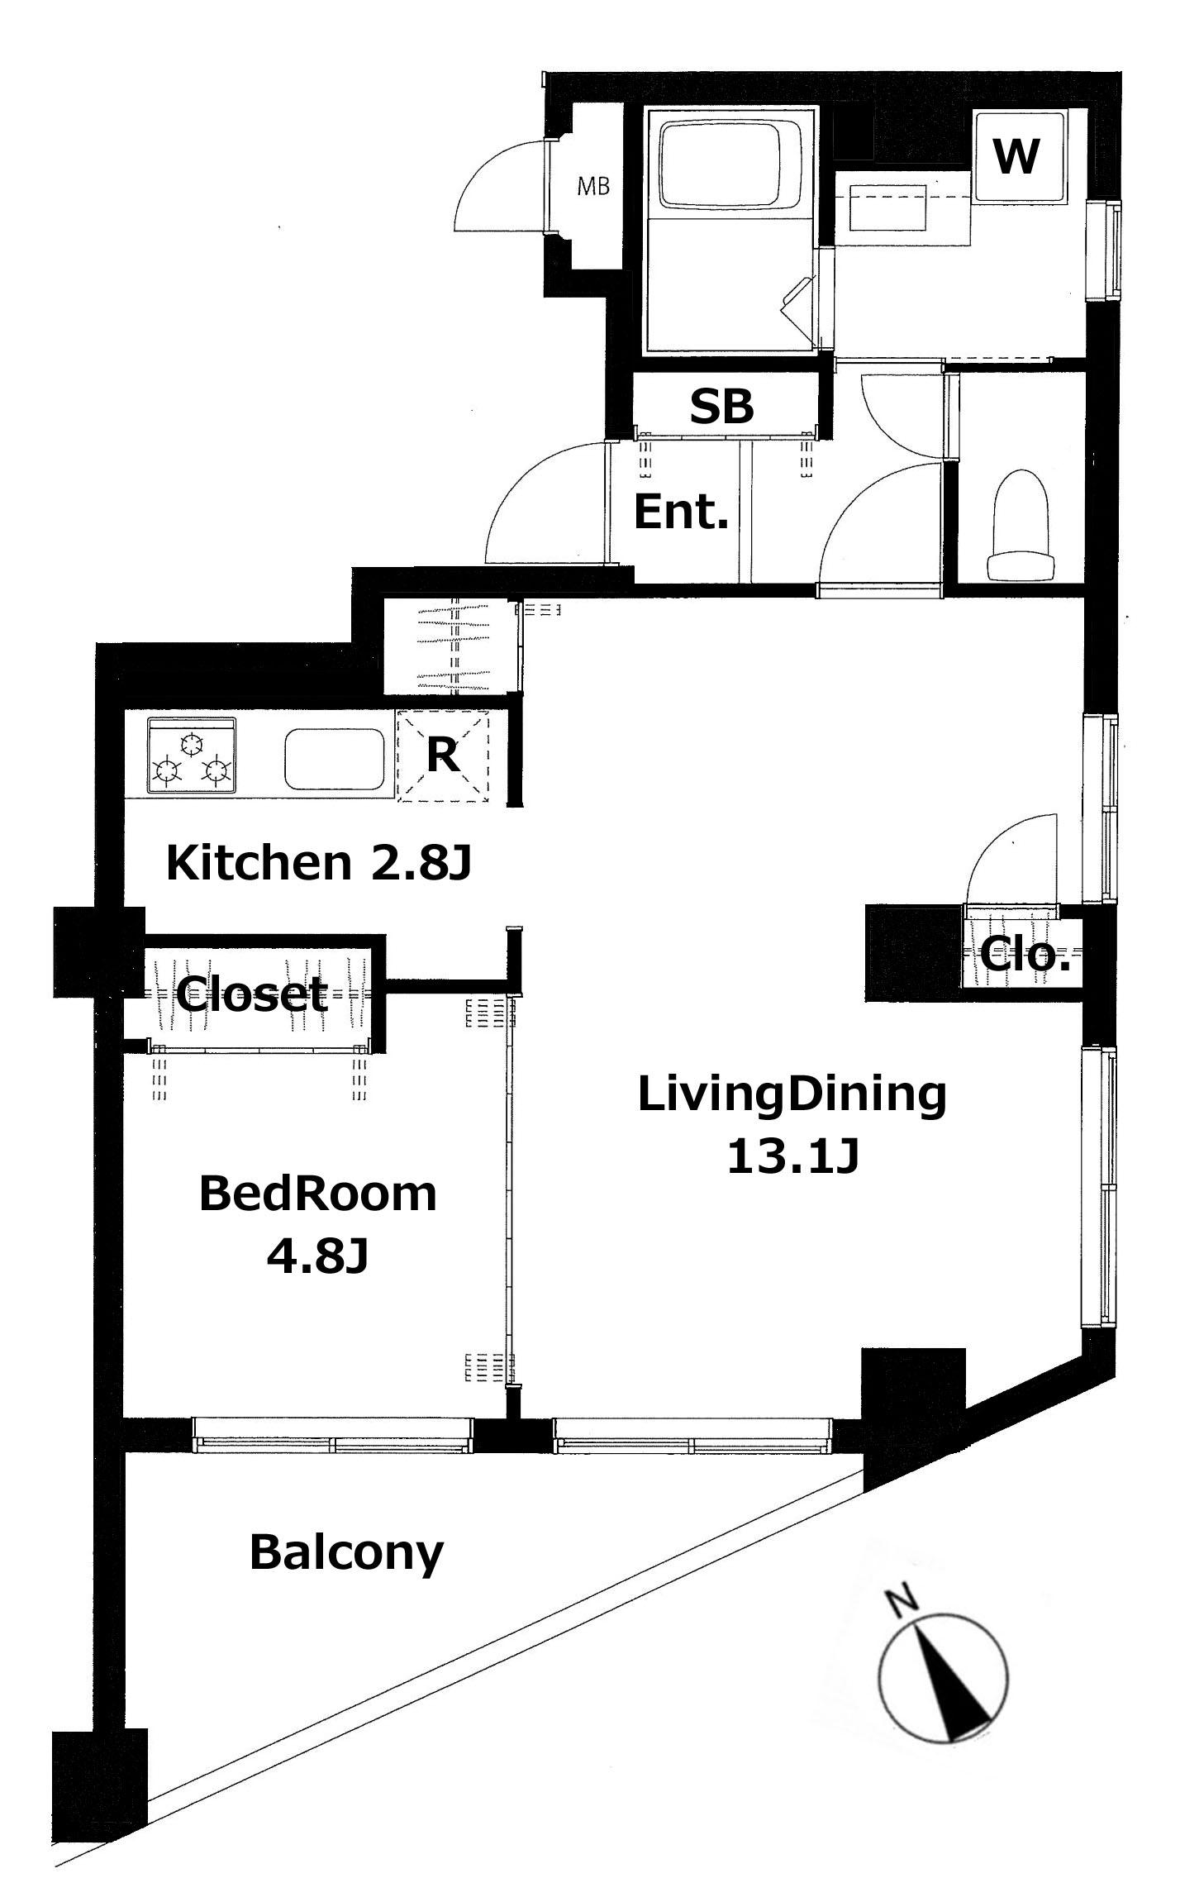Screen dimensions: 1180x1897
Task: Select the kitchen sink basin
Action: (x=335, y=759)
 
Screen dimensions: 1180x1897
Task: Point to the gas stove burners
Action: (x=192, y=759)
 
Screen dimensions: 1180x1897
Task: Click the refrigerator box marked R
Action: (x=443, y=755)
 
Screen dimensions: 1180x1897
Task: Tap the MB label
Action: (x=592, y=187)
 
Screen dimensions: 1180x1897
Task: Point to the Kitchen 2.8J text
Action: (x=318, y=863)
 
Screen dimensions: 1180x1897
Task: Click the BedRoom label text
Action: (x=318, y=1195)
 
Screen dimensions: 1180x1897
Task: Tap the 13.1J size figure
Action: (x=793, y=1156)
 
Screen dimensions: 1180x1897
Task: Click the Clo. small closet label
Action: (x=1025, y=955)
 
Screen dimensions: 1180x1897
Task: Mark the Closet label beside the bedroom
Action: (x=253, y=994)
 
